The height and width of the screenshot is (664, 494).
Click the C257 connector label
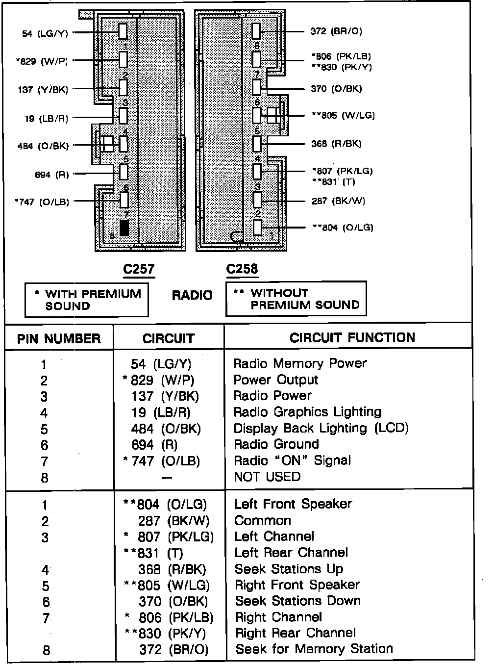pos(139,269)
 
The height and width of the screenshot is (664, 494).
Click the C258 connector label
pos(242,269)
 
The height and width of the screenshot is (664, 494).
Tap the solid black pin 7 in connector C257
pos(124,228)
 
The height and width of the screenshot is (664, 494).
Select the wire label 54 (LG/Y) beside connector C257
pos(45,33)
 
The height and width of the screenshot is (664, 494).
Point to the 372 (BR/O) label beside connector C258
pos(336,31)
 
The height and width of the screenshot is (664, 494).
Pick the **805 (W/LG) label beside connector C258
pos(343,115)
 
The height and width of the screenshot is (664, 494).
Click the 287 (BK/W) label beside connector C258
pos(338,201)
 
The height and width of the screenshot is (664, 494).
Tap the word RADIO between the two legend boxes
pos(192,296)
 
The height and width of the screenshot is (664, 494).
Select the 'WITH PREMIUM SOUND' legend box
pos(87,300)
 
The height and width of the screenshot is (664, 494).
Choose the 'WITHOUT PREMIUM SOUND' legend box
pos(296,299)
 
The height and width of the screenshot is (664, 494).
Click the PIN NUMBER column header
pos(59,339)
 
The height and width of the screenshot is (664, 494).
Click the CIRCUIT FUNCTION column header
pos(352,337)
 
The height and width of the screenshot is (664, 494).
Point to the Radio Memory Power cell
pos(300,363)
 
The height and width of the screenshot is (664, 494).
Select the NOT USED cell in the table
pos(267,477)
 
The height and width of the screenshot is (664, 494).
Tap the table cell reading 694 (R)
pos(154,445)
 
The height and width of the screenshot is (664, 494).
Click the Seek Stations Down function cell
pos(297,601)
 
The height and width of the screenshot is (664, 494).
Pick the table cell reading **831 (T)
pos(153,553)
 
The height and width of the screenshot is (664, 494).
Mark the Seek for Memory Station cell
pos(314,649)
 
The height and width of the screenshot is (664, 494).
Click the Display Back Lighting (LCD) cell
pos(321,428)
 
